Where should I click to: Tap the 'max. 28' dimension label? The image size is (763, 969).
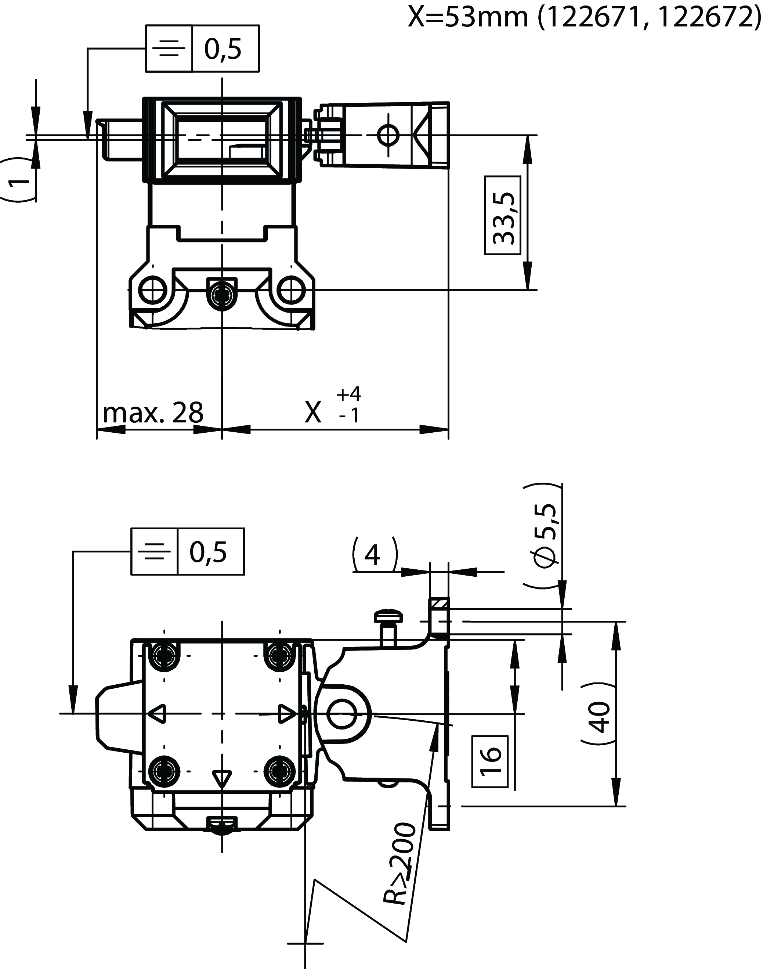tap(153, 412)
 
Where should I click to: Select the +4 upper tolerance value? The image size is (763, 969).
tap(349, 394)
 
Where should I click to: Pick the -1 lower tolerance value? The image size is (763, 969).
tap(349, 416)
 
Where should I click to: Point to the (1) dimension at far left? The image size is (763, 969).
tap(18, 179)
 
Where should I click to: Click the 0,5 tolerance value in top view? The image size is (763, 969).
tap(223, 49)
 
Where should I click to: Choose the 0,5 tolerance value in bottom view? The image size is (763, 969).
tap(208, 552)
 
